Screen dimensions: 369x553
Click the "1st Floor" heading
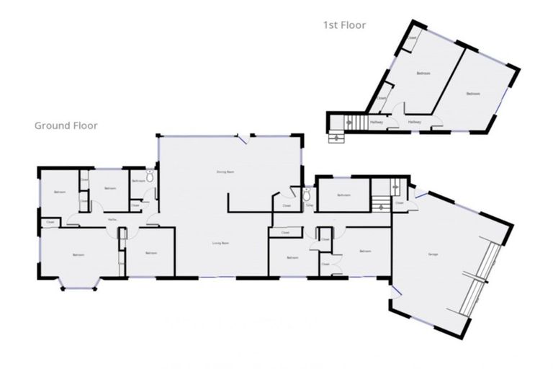pyautogui.click(x=344, y=25)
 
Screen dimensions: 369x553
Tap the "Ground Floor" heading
pyautogui.click(x=66, y=125)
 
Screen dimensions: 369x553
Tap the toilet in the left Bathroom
pyautogui.click(x=149, y=177)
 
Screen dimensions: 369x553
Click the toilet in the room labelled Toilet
pyautogui.click(x=307, y=194)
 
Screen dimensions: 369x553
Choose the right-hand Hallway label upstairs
pyautogui.click(x=414, y=123)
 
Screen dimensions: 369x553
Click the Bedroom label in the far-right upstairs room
pyautogui.click(x=472, y=94)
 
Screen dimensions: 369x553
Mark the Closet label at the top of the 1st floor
pyautogui.click(x=413, y=38)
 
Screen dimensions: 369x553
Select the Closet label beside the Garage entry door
pyautogui.click(x=400, y=203)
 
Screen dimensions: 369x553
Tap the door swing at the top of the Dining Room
pyautogui.click(x=246, y=138)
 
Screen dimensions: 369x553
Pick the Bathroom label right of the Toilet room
pyautogui.click(x=344, y=195)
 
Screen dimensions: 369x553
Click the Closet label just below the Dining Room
pyautogui.click(x=286, y=206)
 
